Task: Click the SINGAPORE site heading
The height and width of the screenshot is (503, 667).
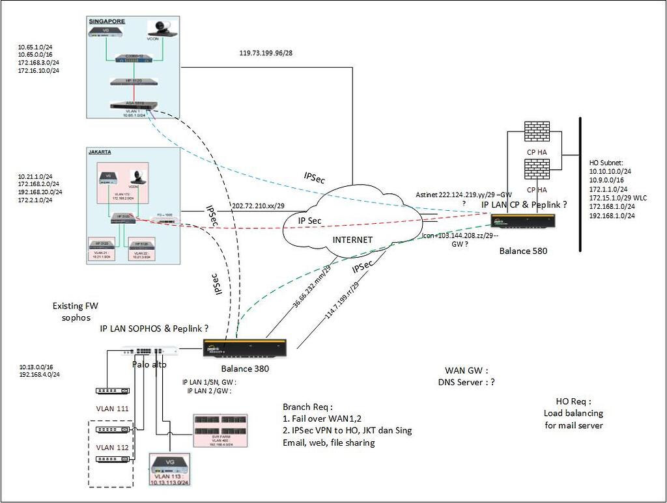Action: click(107, 21)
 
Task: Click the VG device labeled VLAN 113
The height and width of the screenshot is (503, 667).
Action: click(171, 465)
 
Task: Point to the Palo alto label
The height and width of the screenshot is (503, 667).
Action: click(155, 364)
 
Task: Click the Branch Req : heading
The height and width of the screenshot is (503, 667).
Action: click(308, 407)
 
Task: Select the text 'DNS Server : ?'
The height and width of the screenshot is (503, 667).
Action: click(466, 383)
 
